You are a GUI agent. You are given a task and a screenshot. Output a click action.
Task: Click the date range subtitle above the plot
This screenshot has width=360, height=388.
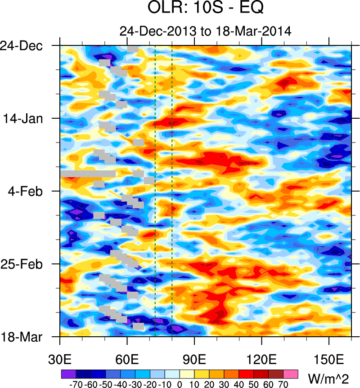click(x=205, y=31)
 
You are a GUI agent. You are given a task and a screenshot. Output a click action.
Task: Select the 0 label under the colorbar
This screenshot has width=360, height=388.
click(x=180, y=384)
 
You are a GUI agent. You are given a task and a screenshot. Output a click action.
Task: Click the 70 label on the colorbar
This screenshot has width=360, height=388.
click(x=283, y=384)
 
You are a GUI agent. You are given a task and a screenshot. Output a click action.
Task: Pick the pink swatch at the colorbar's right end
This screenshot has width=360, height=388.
click(x=291, y=374)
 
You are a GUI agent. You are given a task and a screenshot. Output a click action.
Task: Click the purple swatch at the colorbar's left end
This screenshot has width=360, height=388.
click(x=68, y=374)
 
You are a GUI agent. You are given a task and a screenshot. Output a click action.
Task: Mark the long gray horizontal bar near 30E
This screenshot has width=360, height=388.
click(x=88, y=174)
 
